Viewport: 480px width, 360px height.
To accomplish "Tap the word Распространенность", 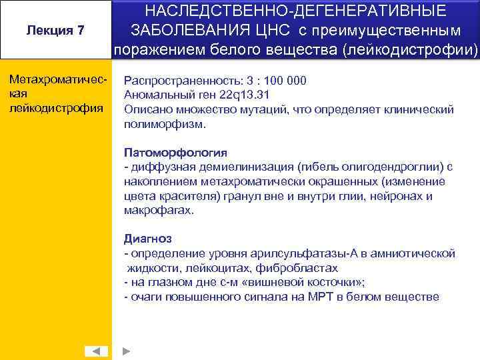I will pos(182,81).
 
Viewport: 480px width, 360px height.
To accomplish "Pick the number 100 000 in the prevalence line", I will pos(283,81).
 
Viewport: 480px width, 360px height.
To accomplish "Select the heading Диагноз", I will pos(148,239).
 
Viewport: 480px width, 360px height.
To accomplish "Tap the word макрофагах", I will pos(159,210).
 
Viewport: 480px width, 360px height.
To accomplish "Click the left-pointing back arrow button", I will pos(96,351).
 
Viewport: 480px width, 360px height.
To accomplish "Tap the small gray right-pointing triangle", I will pos(127,351).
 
